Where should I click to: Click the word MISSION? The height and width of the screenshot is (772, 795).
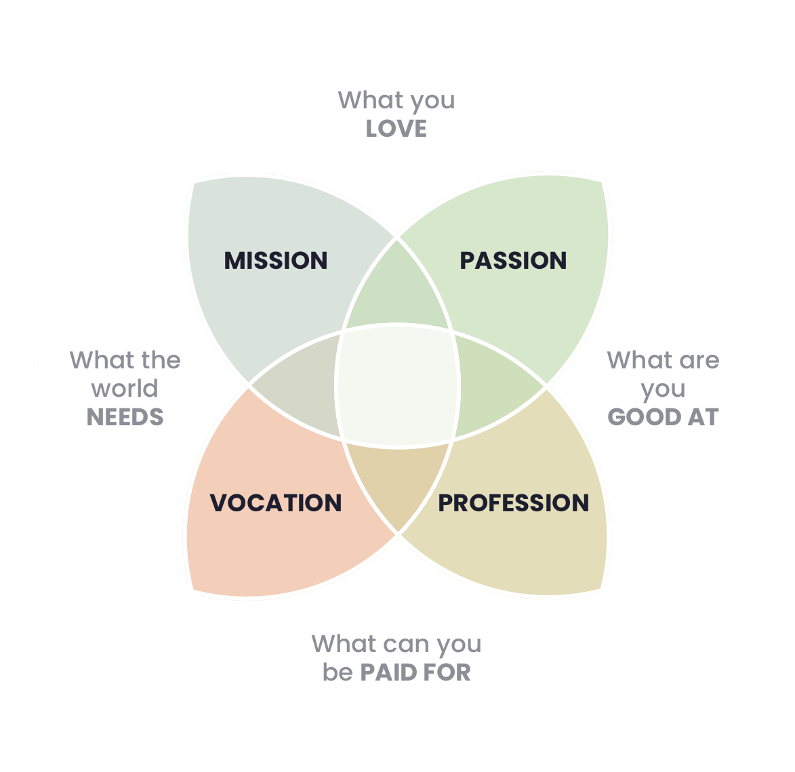coord(276,261)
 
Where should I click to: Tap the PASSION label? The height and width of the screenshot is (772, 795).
coord(513,261)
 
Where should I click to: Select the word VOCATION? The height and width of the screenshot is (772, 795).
coord(276,503)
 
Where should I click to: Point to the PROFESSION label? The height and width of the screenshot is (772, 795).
coord(513,503)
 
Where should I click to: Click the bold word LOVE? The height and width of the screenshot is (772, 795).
coord(396,129)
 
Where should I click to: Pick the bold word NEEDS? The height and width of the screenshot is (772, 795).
coord(125,417)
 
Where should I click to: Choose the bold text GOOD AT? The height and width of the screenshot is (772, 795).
coord(663,417)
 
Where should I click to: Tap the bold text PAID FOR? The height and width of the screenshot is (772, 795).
coord(415,672)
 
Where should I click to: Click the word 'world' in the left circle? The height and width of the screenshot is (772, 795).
coord(125,389)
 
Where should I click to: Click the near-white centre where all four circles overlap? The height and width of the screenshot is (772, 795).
coord(398,386)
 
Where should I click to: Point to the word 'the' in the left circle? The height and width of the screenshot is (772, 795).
coord(161,360)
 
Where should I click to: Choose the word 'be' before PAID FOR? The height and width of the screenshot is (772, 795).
coord(337,672)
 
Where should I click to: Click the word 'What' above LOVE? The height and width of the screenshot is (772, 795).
coord(367,100)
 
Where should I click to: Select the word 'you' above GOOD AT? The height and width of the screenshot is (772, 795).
coord(663,389)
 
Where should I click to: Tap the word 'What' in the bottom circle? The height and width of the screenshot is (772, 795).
coord(343,643)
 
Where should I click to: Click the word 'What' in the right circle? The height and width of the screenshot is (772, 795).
coord(635,360)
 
